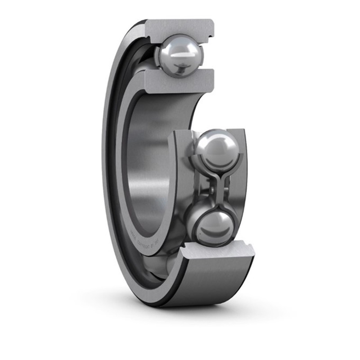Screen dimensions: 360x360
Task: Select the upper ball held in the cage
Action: click(217, 149)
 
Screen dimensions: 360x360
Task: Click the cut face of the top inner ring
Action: click(180, 82)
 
